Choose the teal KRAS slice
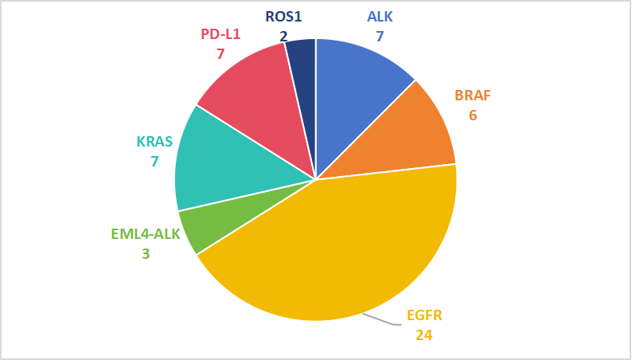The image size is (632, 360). pos(219,159)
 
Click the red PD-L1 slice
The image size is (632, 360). pos(255,96)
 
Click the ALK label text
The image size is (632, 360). pos(380,17)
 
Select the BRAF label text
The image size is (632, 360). pos(473,96)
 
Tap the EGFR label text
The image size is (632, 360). pos(423,315)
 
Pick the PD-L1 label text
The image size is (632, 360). pos(221,34)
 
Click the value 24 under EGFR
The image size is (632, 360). pos(423,335)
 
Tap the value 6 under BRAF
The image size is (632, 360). pos(473,115)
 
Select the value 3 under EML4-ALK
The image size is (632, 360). pos(146,255)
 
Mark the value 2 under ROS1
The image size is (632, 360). pos(284,35)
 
